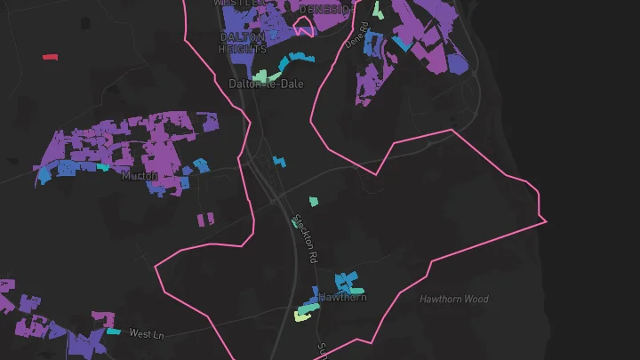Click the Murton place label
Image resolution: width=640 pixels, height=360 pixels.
coord(140,176)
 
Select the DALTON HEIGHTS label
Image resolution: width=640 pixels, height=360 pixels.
coord(242,43)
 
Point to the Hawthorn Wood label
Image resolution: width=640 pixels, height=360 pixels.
coord(454,300)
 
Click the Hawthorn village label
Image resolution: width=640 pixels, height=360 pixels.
coord(343,297)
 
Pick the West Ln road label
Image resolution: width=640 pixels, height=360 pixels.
coord(148,334)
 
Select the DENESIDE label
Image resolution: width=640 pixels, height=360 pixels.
coord(326,8)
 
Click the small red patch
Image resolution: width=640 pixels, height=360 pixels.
coord(50,57)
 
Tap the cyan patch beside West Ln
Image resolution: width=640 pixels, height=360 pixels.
coord(114,332)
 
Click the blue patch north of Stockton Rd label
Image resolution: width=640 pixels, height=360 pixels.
coord(280,163)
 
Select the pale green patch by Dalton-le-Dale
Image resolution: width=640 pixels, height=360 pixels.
coord(260,76)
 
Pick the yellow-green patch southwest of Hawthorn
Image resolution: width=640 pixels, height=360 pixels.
coord(304,312)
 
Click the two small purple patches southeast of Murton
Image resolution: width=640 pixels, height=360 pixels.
coord(206,218)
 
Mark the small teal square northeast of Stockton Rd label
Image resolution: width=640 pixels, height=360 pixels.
coord(313,201)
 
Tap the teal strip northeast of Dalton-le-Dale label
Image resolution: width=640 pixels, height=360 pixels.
coord(296,60)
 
